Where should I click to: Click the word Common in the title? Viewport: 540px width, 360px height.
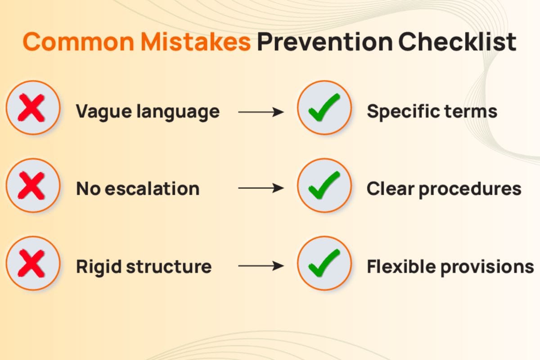pyautogui.click(x=78, y=42)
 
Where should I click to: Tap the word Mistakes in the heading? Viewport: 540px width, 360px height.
pyautogui.click(x=196, y=42)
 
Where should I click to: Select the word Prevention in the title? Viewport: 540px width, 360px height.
pyautogui.click(x=325, y=42)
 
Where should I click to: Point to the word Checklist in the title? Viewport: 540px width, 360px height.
pyautogui.click(x=457, y=42)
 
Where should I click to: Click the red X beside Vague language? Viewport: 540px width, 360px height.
pyautogui.click(x=31, y=108)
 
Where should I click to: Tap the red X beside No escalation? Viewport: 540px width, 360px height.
pyautogui.click(x=31, y=185)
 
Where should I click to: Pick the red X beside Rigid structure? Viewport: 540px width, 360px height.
pyautogui.click(x=31, y=263)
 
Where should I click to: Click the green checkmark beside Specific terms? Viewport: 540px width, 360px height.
pyautogui.click(x=324, y=107)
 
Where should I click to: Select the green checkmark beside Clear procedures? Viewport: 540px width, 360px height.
pyautogui.click(x=324, y=185)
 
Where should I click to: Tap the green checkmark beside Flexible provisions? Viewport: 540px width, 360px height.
pyautogui.click(x=324, y=263)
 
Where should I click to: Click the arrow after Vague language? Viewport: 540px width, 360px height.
pyautogui.click(x=261, y=112)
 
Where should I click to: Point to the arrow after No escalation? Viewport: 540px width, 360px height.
pyautogui.click(x=261, y=188)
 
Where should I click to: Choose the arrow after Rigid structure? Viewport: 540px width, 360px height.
pyautogui.click(x=261, y=266)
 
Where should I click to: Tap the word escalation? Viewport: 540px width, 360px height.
pyautogui.click(x=153, y=189)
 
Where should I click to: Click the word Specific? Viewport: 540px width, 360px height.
pyautogui.click(x=403, y=112)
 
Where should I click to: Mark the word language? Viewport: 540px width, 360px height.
pyautogui.click(x=178, y=112)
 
